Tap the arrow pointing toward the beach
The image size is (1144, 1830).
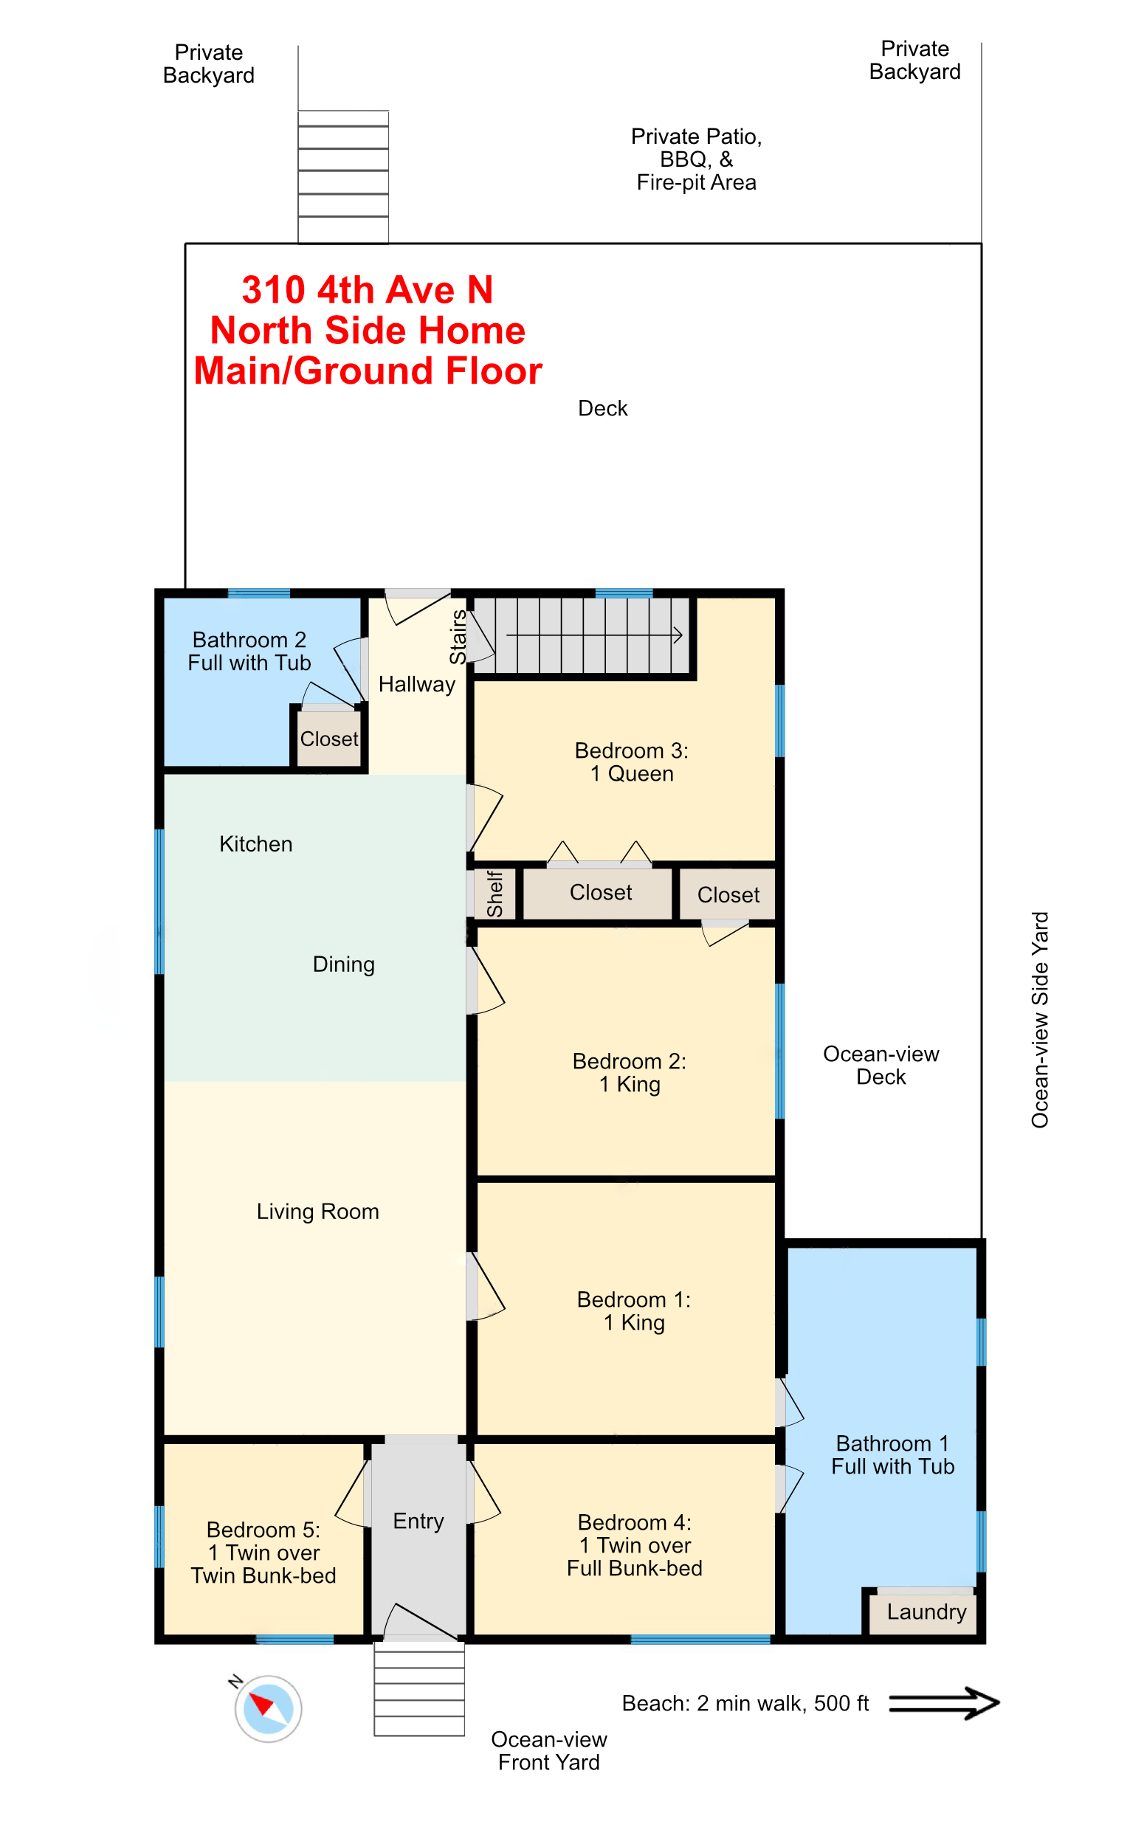(943, 1703)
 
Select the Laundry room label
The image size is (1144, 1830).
(926, 1612)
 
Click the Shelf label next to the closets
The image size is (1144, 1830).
(495, 894)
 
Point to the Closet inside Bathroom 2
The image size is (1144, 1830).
(329, 739)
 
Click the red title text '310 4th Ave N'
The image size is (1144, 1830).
(368, 289)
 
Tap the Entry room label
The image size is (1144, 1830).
(418, 1521)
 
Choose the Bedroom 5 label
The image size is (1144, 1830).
(263, 1553)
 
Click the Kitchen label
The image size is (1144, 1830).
(255, 844)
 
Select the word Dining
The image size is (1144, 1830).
(343, 964)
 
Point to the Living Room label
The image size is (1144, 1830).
(318, 1212)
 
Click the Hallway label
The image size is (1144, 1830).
(417, 684)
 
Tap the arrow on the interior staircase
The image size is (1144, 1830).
(595, 635)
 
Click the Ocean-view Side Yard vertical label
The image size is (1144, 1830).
(1041, 1019)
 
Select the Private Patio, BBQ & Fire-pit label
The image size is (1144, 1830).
(696, 159)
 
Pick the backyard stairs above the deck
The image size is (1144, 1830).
(343, 177)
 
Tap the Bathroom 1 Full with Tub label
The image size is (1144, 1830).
(893, 1455)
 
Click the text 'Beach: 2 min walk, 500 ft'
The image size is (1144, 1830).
(745, 1703)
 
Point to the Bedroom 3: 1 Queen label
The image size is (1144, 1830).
(632, 762)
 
